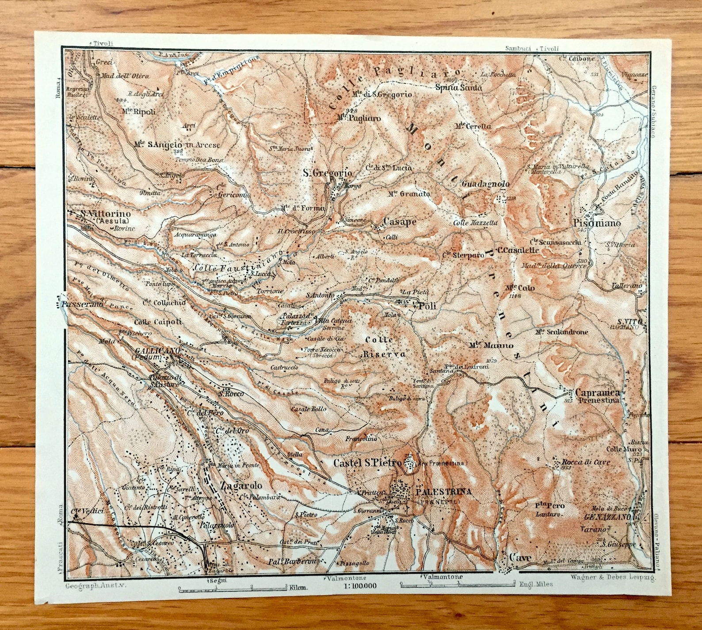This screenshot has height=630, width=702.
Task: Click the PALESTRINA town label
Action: click(443, 492)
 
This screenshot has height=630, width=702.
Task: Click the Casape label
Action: click(400, 222)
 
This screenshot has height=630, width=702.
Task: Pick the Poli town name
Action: click(427, 306)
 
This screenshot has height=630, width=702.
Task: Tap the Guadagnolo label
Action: click(485, 184)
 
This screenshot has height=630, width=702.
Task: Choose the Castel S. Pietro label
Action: click(367, 463)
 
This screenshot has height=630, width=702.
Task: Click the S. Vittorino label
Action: click(104, 214)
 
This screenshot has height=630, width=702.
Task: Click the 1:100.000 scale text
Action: click(359, 586)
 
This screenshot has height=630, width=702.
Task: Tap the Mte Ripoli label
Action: click(139, 111)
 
